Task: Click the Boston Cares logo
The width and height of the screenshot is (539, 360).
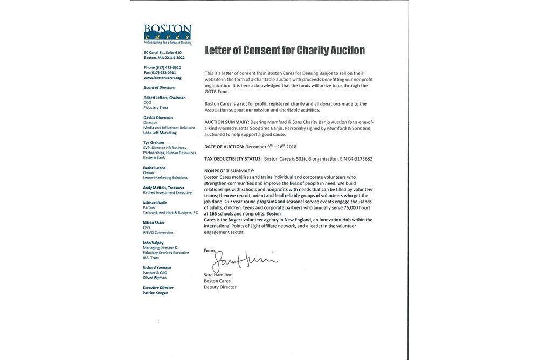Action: click(x=167, y=34)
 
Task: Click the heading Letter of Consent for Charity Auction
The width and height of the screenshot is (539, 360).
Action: click(x=285, y=51)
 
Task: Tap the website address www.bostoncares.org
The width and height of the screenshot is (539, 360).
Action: click(x=158, y=78)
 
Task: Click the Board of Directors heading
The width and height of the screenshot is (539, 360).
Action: click(x=159, y=87)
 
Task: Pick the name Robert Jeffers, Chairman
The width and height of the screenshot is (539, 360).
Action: click(x=165, y=98)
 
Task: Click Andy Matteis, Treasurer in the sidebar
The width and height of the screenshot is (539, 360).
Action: click(x=164, y=188)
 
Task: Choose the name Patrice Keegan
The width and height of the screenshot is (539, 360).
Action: click(x=156, y=293)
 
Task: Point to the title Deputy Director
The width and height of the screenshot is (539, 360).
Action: click(x=220, y=287)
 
